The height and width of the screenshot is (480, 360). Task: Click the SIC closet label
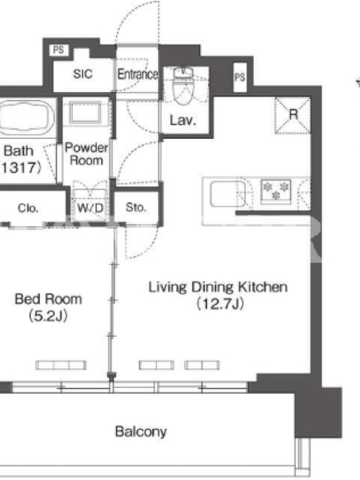tap(83, 74)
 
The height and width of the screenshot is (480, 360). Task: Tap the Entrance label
tap(138, 74)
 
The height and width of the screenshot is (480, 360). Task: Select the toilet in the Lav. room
tap(183, 86)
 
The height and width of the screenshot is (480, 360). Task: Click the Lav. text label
tap(183, 120)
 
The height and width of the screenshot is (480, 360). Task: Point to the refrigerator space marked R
tap(293, 115)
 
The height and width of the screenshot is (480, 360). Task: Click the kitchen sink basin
tap(228, 194)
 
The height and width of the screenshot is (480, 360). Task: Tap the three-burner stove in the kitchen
tap(275, 191)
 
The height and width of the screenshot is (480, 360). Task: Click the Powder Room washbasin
tap(85, 113)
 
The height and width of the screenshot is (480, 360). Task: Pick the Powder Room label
tap(86, 154)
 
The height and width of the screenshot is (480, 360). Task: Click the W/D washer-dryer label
tap(90, 208)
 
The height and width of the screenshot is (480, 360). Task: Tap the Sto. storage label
tap(136, 208)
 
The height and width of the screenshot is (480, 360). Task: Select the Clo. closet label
tap(28, 208)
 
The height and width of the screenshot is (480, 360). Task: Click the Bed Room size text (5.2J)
tap(48, 316)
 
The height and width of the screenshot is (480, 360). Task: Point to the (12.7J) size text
tap(220, 304)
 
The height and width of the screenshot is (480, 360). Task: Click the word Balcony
tap(141, 431)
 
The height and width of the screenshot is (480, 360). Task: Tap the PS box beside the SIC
tap(58, 50)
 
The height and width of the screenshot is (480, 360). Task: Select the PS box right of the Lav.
tap(240, 77)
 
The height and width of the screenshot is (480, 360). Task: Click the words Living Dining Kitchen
tap(218, 287)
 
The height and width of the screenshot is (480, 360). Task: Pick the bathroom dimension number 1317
tap(19, 168)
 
